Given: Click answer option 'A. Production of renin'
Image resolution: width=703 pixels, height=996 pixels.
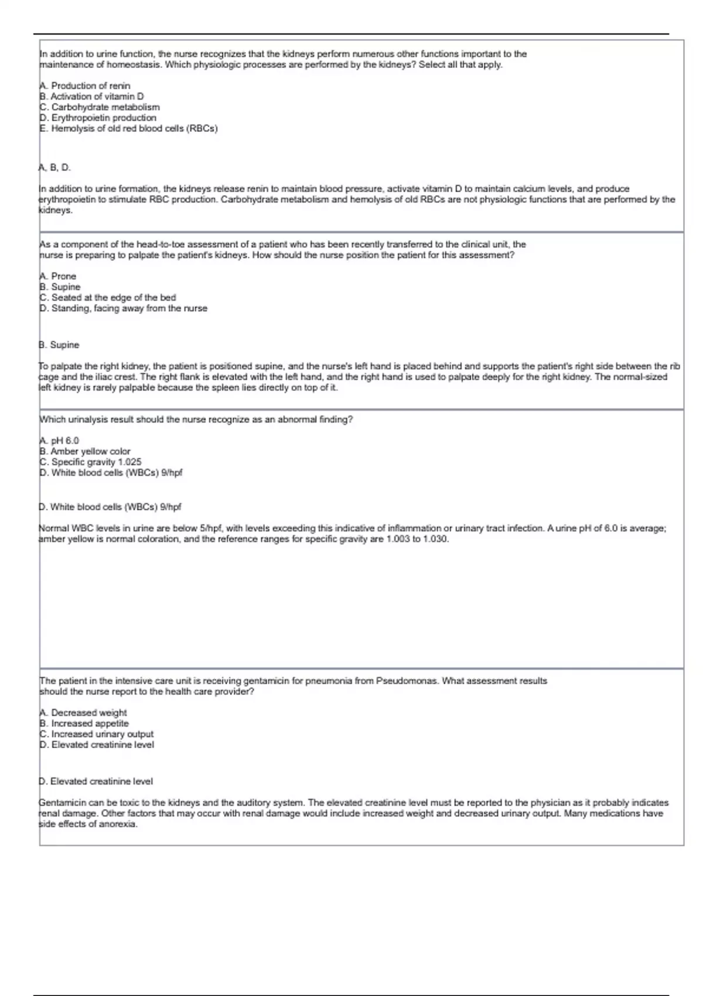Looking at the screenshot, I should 85,86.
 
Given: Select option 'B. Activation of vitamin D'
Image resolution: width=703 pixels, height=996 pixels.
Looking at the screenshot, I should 91,96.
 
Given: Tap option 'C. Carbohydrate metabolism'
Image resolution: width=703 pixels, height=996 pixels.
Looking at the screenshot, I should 99,107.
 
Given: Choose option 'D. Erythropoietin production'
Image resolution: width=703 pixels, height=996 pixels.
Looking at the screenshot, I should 98,118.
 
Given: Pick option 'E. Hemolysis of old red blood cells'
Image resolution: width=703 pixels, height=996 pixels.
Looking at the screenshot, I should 128,128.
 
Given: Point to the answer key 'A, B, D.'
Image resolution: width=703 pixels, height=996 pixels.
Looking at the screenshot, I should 54,168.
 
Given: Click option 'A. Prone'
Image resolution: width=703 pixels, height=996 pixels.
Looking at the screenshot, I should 57,276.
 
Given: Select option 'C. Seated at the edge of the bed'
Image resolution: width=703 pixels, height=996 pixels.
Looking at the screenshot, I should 107,298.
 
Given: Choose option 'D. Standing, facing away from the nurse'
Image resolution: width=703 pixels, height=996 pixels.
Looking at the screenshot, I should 123,308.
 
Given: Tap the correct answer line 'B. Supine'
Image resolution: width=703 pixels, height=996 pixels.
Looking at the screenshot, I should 59,345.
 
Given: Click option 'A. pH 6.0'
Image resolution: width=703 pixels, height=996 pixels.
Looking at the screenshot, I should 59,441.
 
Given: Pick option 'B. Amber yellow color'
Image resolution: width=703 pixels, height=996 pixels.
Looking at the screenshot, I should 84,451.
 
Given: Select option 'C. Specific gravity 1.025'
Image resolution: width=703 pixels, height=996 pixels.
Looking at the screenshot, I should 90,462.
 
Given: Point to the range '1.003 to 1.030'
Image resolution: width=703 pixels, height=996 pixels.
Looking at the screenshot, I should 417,539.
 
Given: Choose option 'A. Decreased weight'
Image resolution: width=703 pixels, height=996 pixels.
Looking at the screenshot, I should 83,712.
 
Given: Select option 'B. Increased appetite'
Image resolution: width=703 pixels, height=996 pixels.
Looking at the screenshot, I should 84,723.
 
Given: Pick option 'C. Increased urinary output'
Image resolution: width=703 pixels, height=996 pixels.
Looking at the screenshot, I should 96,734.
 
